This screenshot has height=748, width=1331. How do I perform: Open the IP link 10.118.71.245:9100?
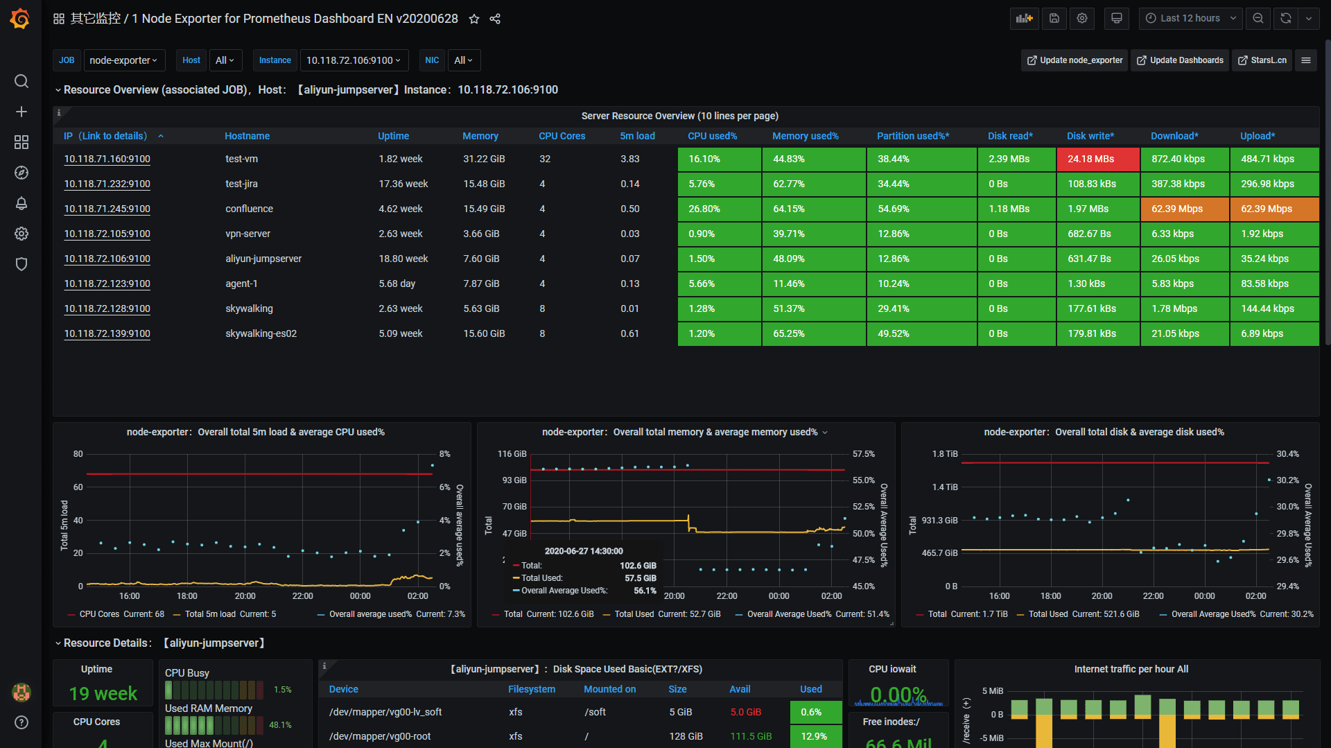tap(107, 209)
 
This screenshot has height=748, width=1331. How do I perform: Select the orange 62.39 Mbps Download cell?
tap(1184, 209)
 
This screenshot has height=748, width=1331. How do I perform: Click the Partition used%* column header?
tap(912, 136)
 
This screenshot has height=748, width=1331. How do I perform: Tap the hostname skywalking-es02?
tap(261, 333)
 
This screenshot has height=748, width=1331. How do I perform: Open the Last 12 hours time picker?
tap(1190, 19)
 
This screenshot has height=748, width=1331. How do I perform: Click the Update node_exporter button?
tap(1075, 60)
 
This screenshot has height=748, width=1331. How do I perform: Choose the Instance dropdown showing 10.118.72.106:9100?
tap(354, 60)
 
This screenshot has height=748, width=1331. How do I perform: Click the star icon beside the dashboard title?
tap(474, 19)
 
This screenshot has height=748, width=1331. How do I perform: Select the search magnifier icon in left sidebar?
tap(21, 81)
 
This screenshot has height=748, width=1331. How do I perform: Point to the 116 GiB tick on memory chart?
tap(512, 454)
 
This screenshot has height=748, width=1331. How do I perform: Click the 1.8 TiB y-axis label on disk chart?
tap(945, 454)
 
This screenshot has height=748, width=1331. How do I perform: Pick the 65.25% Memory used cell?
tap(813, 333)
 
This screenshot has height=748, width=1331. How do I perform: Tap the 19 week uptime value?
tap(103, 693)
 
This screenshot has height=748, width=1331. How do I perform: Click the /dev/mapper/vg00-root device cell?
tap(380, 736)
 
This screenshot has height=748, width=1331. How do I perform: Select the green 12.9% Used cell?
tap(815, 736)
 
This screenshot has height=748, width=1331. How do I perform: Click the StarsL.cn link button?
tap(1262, 60)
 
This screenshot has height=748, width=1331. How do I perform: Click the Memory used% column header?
tap(805, 136)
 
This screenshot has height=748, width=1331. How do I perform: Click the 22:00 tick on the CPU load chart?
tap(302, 596)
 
